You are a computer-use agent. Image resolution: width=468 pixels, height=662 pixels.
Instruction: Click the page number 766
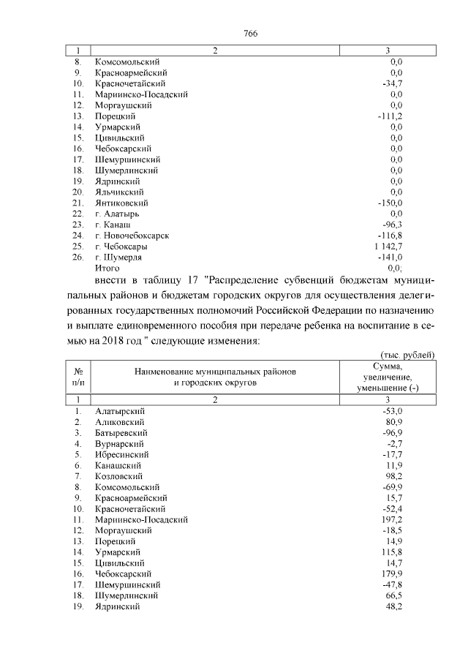point(250,33)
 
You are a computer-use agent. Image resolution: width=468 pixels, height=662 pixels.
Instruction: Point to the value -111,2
point(389,116)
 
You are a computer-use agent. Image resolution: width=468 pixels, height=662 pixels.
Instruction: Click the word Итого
point(107,268)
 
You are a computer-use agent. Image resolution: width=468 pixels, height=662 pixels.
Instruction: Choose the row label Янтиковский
point(122,203)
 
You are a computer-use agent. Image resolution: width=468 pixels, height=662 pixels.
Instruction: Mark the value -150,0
point(389,203)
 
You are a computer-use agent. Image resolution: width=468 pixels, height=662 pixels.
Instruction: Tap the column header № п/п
point(77,377)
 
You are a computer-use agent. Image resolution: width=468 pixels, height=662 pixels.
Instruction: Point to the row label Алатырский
point(120,411)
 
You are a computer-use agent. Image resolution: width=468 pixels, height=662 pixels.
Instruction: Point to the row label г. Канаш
point(111,225)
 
